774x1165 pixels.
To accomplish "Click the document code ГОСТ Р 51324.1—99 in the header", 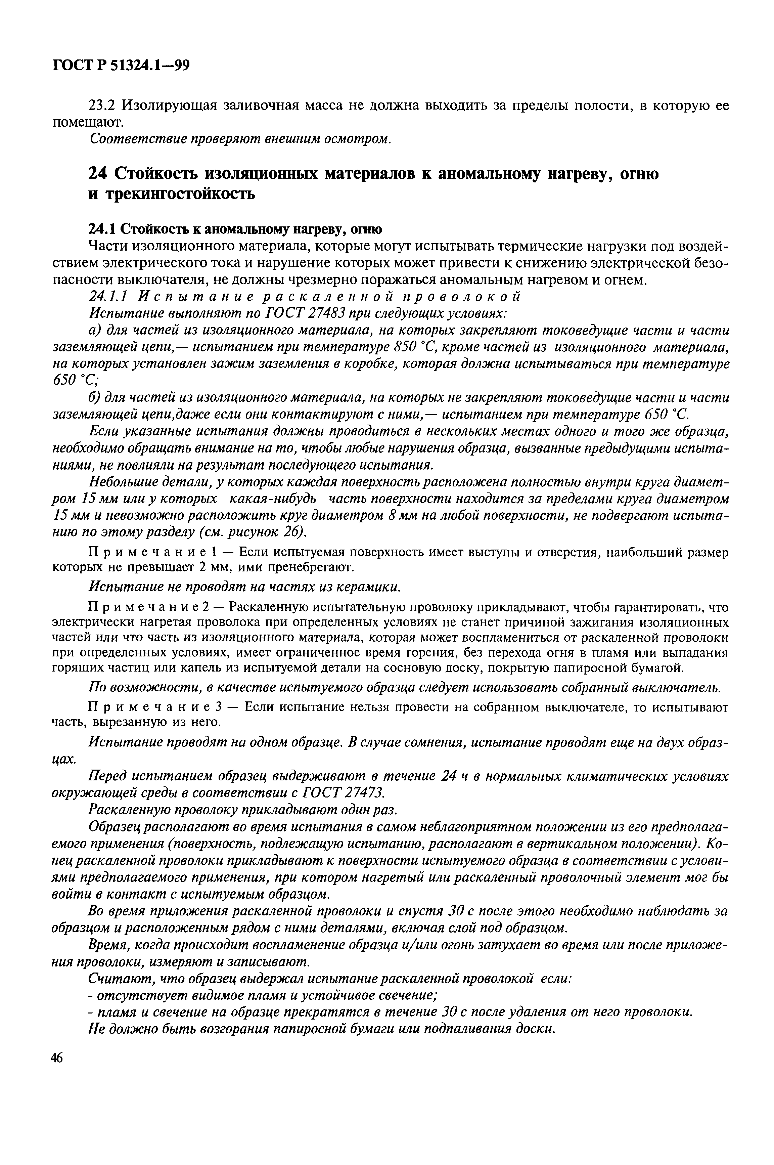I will tap(121, 66).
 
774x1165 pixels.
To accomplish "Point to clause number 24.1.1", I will tap(108, 297).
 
